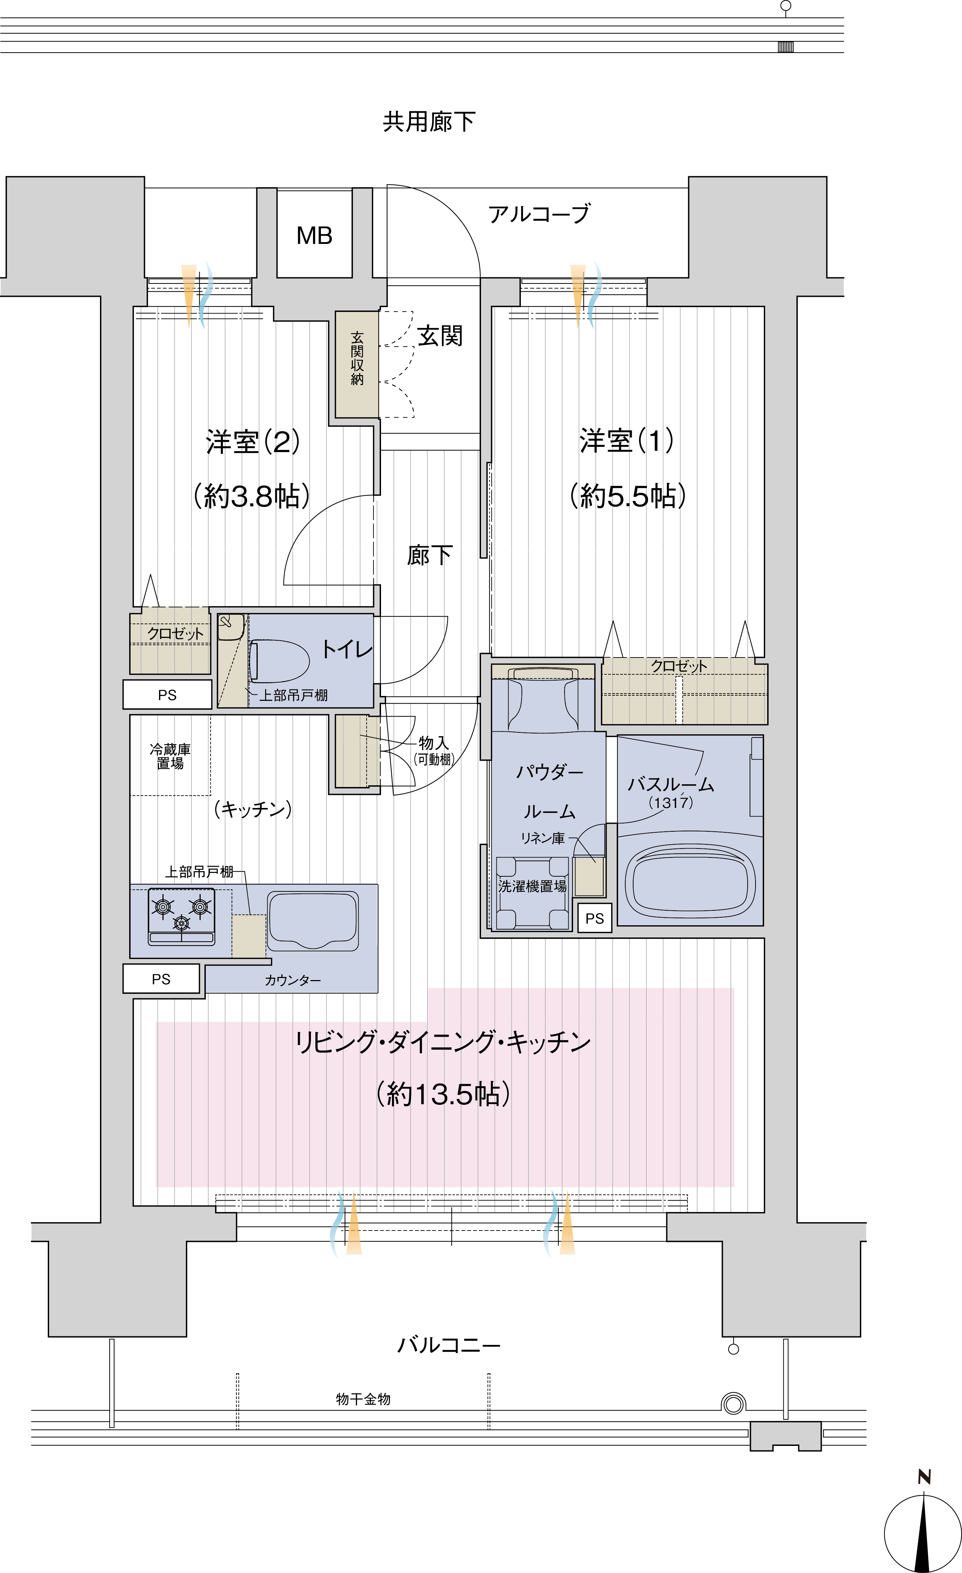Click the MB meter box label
pyautogui.click(x=314, y=236)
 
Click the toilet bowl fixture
pyautogui.click(x=279, y=661)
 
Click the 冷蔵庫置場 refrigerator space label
pyautogui.click(x=170, y=756)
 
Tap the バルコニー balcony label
pyautogui.click(x=449, y=1345)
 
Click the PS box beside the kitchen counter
pyautogui.click(x=161, y=979)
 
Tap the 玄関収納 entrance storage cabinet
pyautogui.click(x=357, y=364)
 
